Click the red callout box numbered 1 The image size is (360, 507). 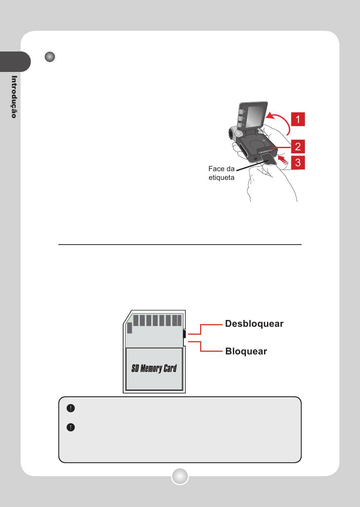(x=298, y=119)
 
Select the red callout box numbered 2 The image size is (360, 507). (x=298, y=147)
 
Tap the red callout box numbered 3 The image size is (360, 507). (x=298, y=162)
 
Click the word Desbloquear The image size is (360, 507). (x=254, y=324)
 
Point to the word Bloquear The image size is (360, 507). (x=246, y=351)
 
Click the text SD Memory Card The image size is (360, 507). (x=154, y=368)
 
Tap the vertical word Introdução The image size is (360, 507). (x=14, y=97)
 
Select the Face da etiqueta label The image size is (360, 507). (x=221, y=173)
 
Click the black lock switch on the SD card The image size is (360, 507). (x=184, y=334)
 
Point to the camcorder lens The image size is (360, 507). (x=231, y=134)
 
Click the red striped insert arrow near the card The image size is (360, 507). (x=283, y=159)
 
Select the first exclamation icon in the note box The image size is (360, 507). (x=71, y=408)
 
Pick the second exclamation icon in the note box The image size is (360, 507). (x=71, y=427)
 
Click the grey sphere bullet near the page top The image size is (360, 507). (x=50, y=56)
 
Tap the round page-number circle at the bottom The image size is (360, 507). (x=180, y=476)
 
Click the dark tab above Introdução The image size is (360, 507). (x=15, y=62)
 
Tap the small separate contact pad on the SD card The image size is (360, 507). (x=130, y=328)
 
